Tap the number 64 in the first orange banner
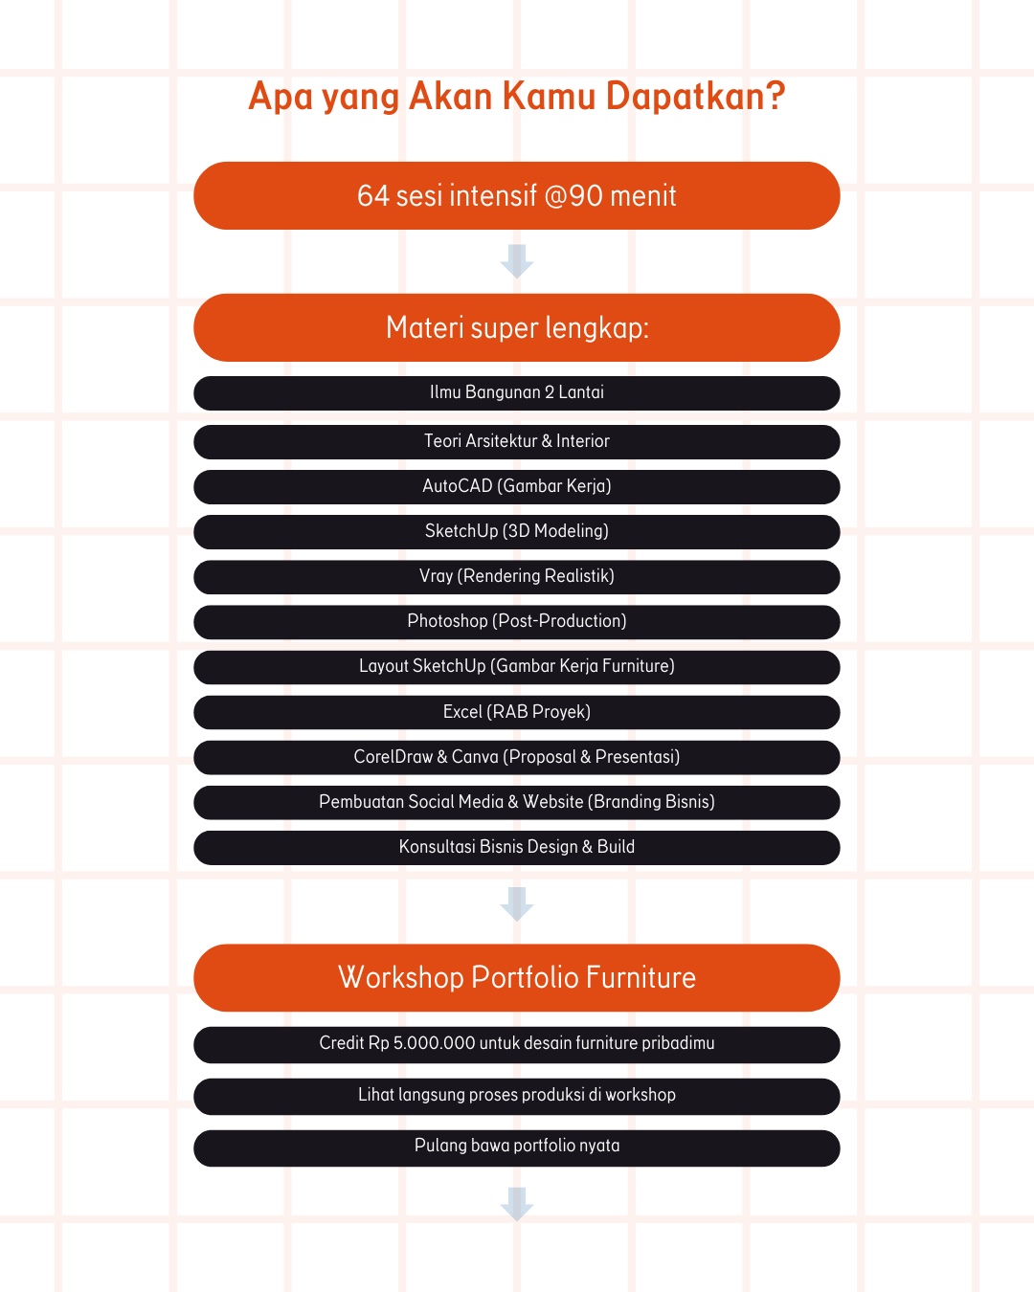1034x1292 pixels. click(373, 196)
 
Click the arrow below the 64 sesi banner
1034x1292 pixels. click(517, 261)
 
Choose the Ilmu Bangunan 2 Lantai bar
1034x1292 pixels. click(517, 393)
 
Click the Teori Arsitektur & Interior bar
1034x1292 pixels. click(517, 442)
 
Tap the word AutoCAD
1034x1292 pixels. click(457, 486)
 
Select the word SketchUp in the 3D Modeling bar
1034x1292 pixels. click(461, 531)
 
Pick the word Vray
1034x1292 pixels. click(436, 576)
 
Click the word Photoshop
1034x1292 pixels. click(447, 621)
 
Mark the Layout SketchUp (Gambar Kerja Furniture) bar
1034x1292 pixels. click(517, 667)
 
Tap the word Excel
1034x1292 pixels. click(462, 712)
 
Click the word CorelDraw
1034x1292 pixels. click(393, 757)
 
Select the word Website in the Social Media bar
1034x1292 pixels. click(552, 802)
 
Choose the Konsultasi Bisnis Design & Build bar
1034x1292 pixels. click(517, 848)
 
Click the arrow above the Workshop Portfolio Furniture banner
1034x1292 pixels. click(517, 903)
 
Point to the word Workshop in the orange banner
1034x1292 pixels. click(400, 978)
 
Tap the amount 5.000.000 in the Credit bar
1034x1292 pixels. click(434, 1043)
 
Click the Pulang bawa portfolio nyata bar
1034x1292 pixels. click(517, 1147)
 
